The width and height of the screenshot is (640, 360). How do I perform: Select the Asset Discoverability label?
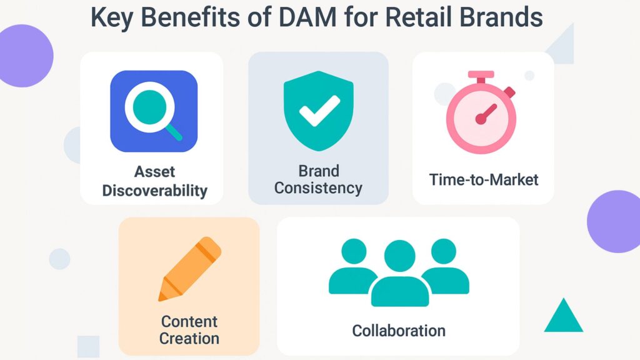click(154, 181)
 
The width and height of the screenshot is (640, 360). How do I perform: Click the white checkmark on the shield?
click(319, 109)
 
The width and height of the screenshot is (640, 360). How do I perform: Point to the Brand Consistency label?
click(318, 179)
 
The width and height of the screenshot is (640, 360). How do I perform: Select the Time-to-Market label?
click(484, 180)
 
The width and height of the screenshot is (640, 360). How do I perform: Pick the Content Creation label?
click(189, 330)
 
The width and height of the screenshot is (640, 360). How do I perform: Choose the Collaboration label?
click(399, 330)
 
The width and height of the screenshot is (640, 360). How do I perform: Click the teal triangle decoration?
click(564, 316)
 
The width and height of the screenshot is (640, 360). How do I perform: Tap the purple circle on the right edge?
click(615, 221)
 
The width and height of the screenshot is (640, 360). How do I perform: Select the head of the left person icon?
click(354, 251)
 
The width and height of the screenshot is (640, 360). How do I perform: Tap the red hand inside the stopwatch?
click(487, 113)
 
